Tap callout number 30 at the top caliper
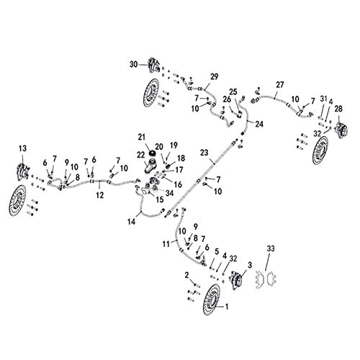(133, 64)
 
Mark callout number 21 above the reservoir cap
(141, 137)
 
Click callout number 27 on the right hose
(280, 84)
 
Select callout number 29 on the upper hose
(214, 76)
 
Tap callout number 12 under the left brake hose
(100, 195)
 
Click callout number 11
(166, 244)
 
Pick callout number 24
(259, 124)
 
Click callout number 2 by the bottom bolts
(186, 276)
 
